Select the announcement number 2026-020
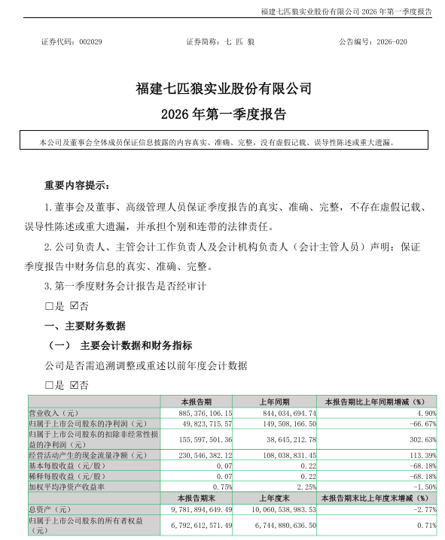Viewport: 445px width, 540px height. (394, 43)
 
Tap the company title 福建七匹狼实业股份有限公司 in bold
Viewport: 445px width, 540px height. (223, 89)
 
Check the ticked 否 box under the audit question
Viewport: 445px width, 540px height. (73, 305)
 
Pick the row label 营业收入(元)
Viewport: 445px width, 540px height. (54, 413)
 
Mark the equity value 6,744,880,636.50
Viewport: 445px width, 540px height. (280, 523)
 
